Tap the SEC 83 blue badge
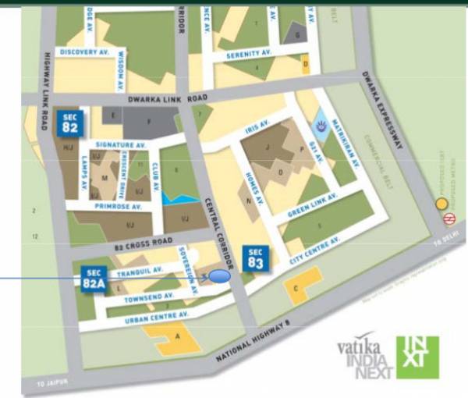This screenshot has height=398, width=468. (256, 258)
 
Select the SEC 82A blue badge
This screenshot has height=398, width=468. (94, 278)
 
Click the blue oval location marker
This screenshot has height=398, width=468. (220, 275)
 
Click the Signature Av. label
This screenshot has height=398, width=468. (121, 145)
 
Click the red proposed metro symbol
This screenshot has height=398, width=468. (448, 219)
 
